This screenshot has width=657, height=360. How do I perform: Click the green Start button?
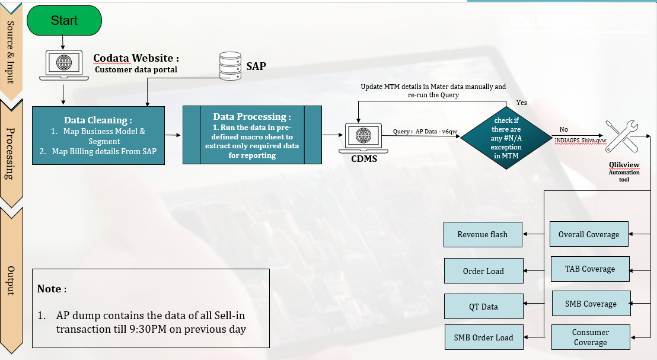64,20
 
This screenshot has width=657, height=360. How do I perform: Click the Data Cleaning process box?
98,135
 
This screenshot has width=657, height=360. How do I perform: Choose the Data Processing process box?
252,135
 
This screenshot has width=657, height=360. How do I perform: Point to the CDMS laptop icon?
362,137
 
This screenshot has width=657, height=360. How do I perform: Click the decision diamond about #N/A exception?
507,136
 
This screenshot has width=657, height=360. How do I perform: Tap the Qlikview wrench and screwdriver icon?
622,138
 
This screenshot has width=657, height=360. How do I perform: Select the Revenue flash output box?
483,234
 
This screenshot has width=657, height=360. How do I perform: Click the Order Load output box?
483,271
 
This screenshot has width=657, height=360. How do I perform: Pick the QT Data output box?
483,307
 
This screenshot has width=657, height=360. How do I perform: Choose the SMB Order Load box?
483,337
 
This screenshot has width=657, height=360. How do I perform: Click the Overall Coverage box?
589,234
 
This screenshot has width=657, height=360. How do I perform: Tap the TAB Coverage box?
590,269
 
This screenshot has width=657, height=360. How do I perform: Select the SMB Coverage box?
591,304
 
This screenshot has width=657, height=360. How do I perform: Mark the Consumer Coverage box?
590,337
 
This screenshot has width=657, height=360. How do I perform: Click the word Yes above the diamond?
521,103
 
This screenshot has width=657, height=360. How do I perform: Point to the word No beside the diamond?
563,129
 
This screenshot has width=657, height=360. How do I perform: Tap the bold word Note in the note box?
49,289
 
